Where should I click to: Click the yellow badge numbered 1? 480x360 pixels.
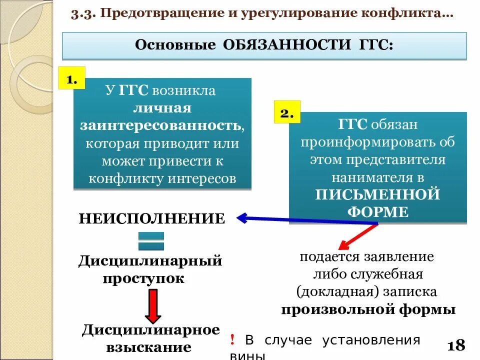[72, 78]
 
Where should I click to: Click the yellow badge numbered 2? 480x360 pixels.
[286, 112]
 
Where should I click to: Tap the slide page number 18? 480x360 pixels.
[456, 345]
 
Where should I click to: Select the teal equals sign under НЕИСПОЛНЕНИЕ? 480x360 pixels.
[151, 241]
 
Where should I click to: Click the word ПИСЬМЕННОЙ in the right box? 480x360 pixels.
[377, 194]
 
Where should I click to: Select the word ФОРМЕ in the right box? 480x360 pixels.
[377, 211]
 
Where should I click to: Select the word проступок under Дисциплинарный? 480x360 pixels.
[143, 277]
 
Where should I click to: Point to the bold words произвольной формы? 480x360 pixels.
[368, 309]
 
